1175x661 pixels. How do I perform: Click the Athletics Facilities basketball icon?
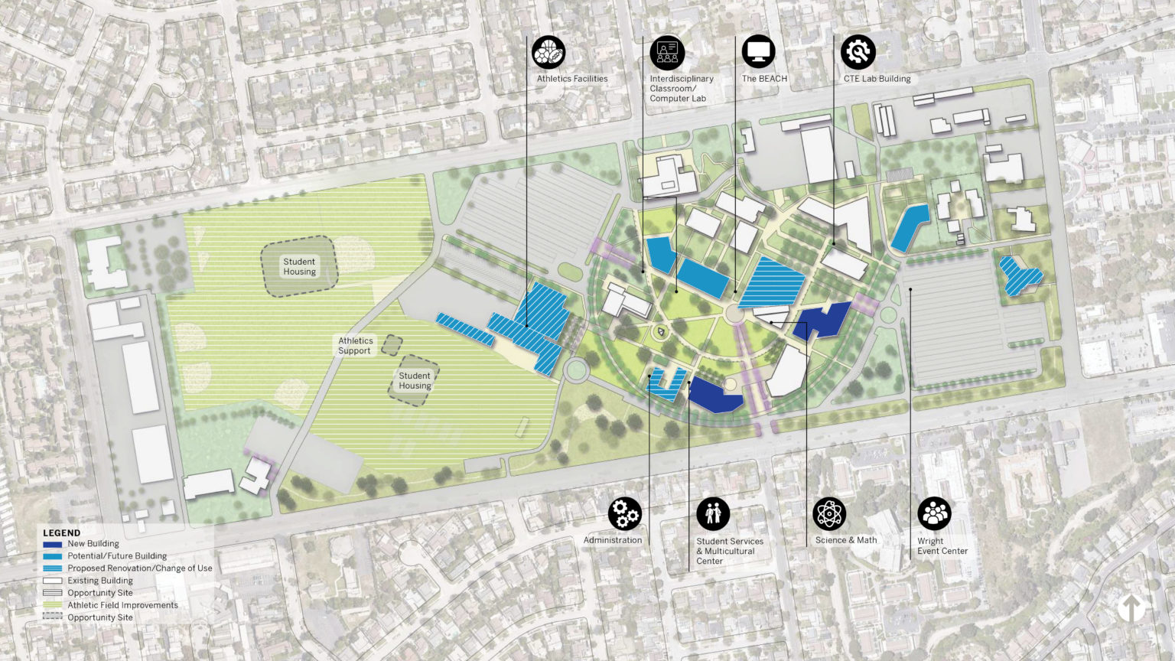548,52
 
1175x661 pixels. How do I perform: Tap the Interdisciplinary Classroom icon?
667,52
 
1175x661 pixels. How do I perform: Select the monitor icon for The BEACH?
758,52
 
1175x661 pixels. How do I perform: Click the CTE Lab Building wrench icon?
858,52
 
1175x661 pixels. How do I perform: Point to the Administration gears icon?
625,514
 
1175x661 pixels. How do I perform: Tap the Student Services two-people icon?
713,514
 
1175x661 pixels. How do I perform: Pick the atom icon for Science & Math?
829,514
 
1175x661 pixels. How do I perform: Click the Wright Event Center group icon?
934,514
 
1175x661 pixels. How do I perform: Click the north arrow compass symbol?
1131,608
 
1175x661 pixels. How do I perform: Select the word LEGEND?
61,532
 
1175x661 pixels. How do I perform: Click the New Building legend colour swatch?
52,544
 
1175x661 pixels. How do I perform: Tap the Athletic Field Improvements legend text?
122,605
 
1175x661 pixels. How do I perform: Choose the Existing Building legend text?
100,581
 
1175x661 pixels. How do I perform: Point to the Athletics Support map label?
355,346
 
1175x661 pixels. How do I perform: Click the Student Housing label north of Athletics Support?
299,266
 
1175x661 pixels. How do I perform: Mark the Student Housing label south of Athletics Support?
415,380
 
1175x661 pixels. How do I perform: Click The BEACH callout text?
764,79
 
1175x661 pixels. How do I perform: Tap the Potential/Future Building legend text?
117,556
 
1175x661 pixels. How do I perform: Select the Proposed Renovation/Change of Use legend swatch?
52,568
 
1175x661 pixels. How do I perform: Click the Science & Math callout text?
846,540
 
